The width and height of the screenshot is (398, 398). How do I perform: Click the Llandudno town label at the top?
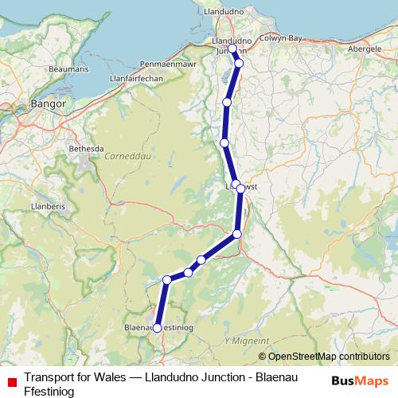click(233, 15)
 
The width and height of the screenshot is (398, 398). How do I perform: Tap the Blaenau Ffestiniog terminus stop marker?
click(157, 327)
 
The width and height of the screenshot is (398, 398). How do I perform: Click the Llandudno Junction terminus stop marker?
click(232, 49)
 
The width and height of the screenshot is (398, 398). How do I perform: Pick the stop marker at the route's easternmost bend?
click(241, 189)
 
